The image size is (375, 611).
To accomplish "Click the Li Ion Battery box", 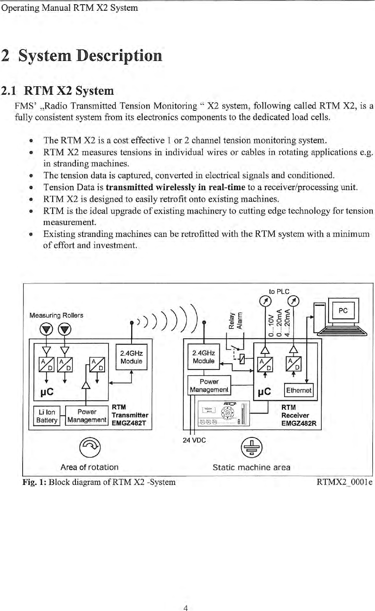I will [x=46, y=416].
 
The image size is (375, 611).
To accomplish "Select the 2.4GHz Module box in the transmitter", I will [x=131, y=358].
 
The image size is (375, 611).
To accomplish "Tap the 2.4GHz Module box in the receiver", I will [x=204, y=357].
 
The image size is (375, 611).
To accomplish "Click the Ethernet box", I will [x=299, y=390].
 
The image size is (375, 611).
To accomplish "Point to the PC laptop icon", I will [x=342, y=317].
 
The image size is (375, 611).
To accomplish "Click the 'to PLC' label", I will [x=279, y=292].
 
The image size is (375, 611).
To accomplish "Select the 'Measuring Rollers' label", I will [x=56, y=315].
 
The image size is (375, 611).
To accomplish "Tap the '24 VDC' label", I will [x=194, y=440].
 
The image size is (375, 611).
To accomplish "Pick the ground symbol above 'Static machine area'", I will [x=252, y=447].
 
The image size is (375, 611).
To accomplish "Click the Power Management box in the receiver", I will [x=209, y=386].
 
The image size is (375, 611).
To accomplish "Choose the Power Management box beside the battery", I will [x=87, y=416].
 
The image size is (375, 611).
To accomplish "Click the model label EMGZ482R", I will [x=299, y=424].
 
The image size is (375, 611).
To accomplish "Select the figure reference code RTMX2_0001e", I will [x=344, y=482].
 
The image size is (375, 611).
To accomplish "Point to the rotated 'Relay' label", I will [x=232, y=320].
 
